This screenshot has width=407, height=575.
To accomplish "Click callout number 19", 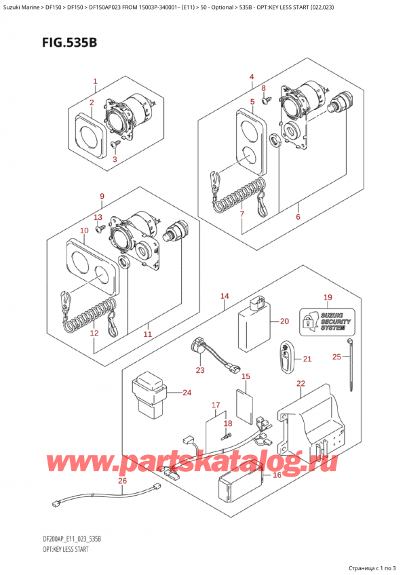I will coord(327,297).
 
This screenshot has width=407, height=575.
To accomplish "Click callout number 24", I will coord(187,392).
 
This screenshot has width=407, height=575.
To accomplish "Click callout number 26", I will coord(121,482).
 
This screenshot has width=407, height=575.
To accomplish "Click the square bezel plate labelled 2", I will coord(88,135).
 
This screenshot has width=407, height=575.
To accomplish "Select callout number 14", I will coord(225,296).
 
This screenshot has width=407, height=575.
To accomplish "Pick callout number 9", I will coord(101,197).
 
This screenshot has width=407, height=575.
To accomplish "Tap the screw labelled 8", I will coord(266,100).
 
